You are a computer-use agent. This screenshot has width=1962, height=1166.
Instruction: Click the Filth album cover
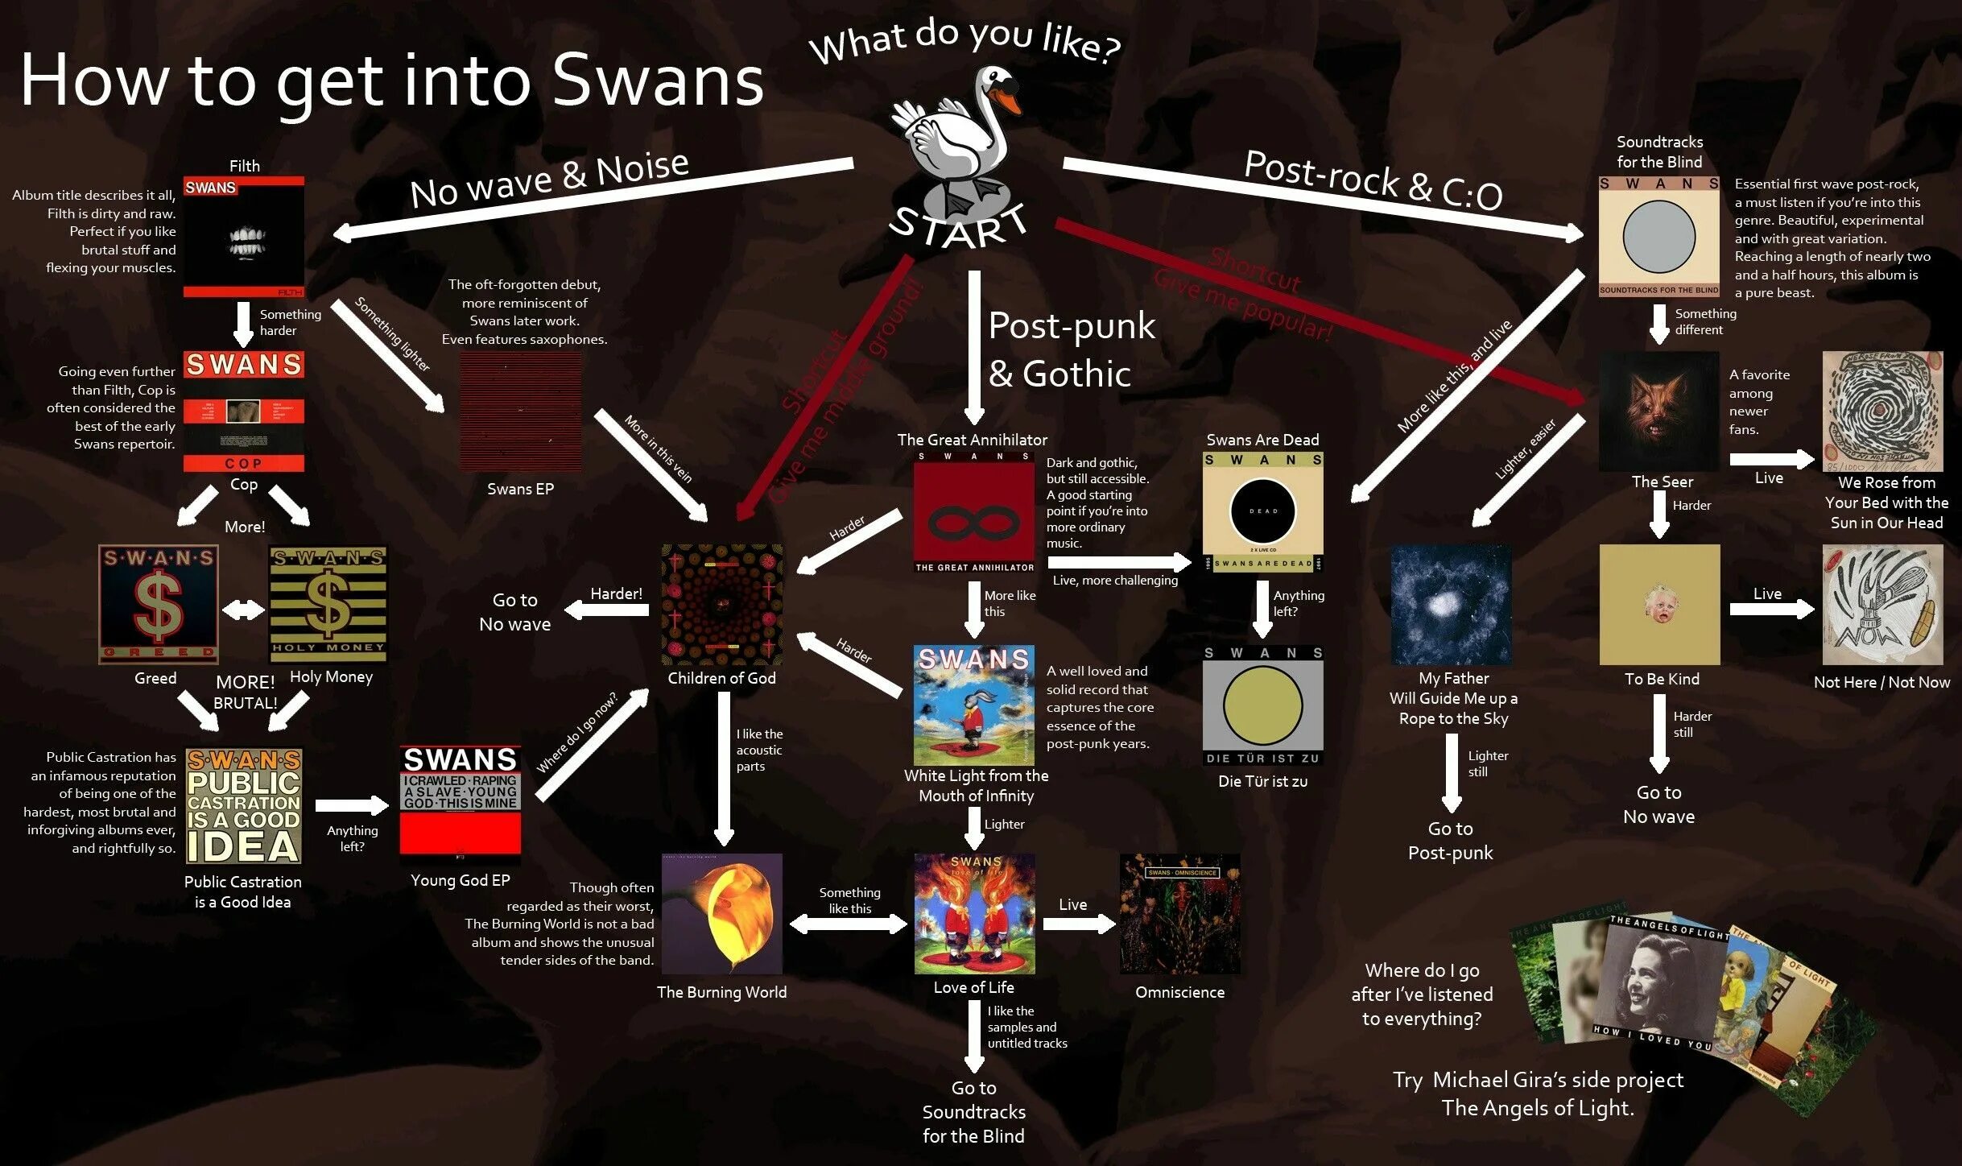[x=243, y=237]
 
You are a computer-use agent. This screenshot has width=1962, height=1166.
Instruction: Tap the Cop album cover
[x=243, y=411]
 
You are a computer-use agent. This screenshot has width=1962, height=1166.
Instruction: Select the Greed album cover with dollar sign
[x=159, y=604]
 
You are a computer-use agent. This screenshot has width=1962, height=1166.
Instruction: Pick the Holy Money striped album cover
[x=328, y=604]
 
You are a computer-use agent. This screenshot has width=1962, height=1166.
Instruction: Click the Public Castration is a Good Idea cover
[x=243, y=805]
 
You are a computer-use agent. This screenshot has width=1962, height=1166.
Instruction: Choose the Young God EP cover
[x=460, y=800]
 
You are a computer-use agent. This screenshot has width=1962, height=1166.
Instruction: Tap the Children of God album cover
[x=721, y=605]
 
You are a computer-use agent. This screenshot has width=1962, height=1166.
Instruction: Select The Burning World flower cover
[x=721, y=913]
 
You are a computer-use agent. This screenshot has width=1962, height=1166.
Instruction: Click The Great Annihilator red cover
[x=973, y=512]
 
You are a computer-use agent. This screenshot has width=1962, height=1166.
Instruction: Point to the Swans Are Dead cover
[x=1262, y=512]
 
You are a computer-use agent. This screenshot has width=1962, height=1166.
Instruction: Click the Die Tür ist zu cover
[x=1262, y=705]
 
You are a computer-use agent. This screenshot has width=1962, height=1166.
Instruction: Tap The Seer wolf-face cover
[x=1658, y=411]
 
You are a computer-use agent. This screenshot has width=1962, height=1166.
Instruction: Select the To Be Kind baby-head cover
[x=1659, y=605]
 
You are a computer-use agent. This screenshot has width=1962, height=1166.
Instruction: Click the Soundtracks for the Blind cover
[x=1658, y=237]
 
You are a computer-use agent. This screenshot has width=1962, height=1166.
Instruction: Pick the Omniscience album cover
[x=1179, y=913]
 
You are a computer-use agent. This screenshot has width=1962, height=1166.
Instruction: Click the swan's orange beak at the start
[x=1008, y=100]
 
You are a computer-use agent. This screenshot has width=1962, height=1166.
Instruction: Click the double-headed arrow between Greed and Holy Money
[x=243, y=610]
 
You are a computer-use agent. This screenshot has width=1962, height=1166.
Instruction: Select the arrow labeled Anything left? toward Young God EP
[x=352, y=805]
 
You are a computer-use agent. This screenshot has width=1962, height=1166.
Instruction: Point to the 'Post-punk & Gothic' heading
[x=1071, y=349]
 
